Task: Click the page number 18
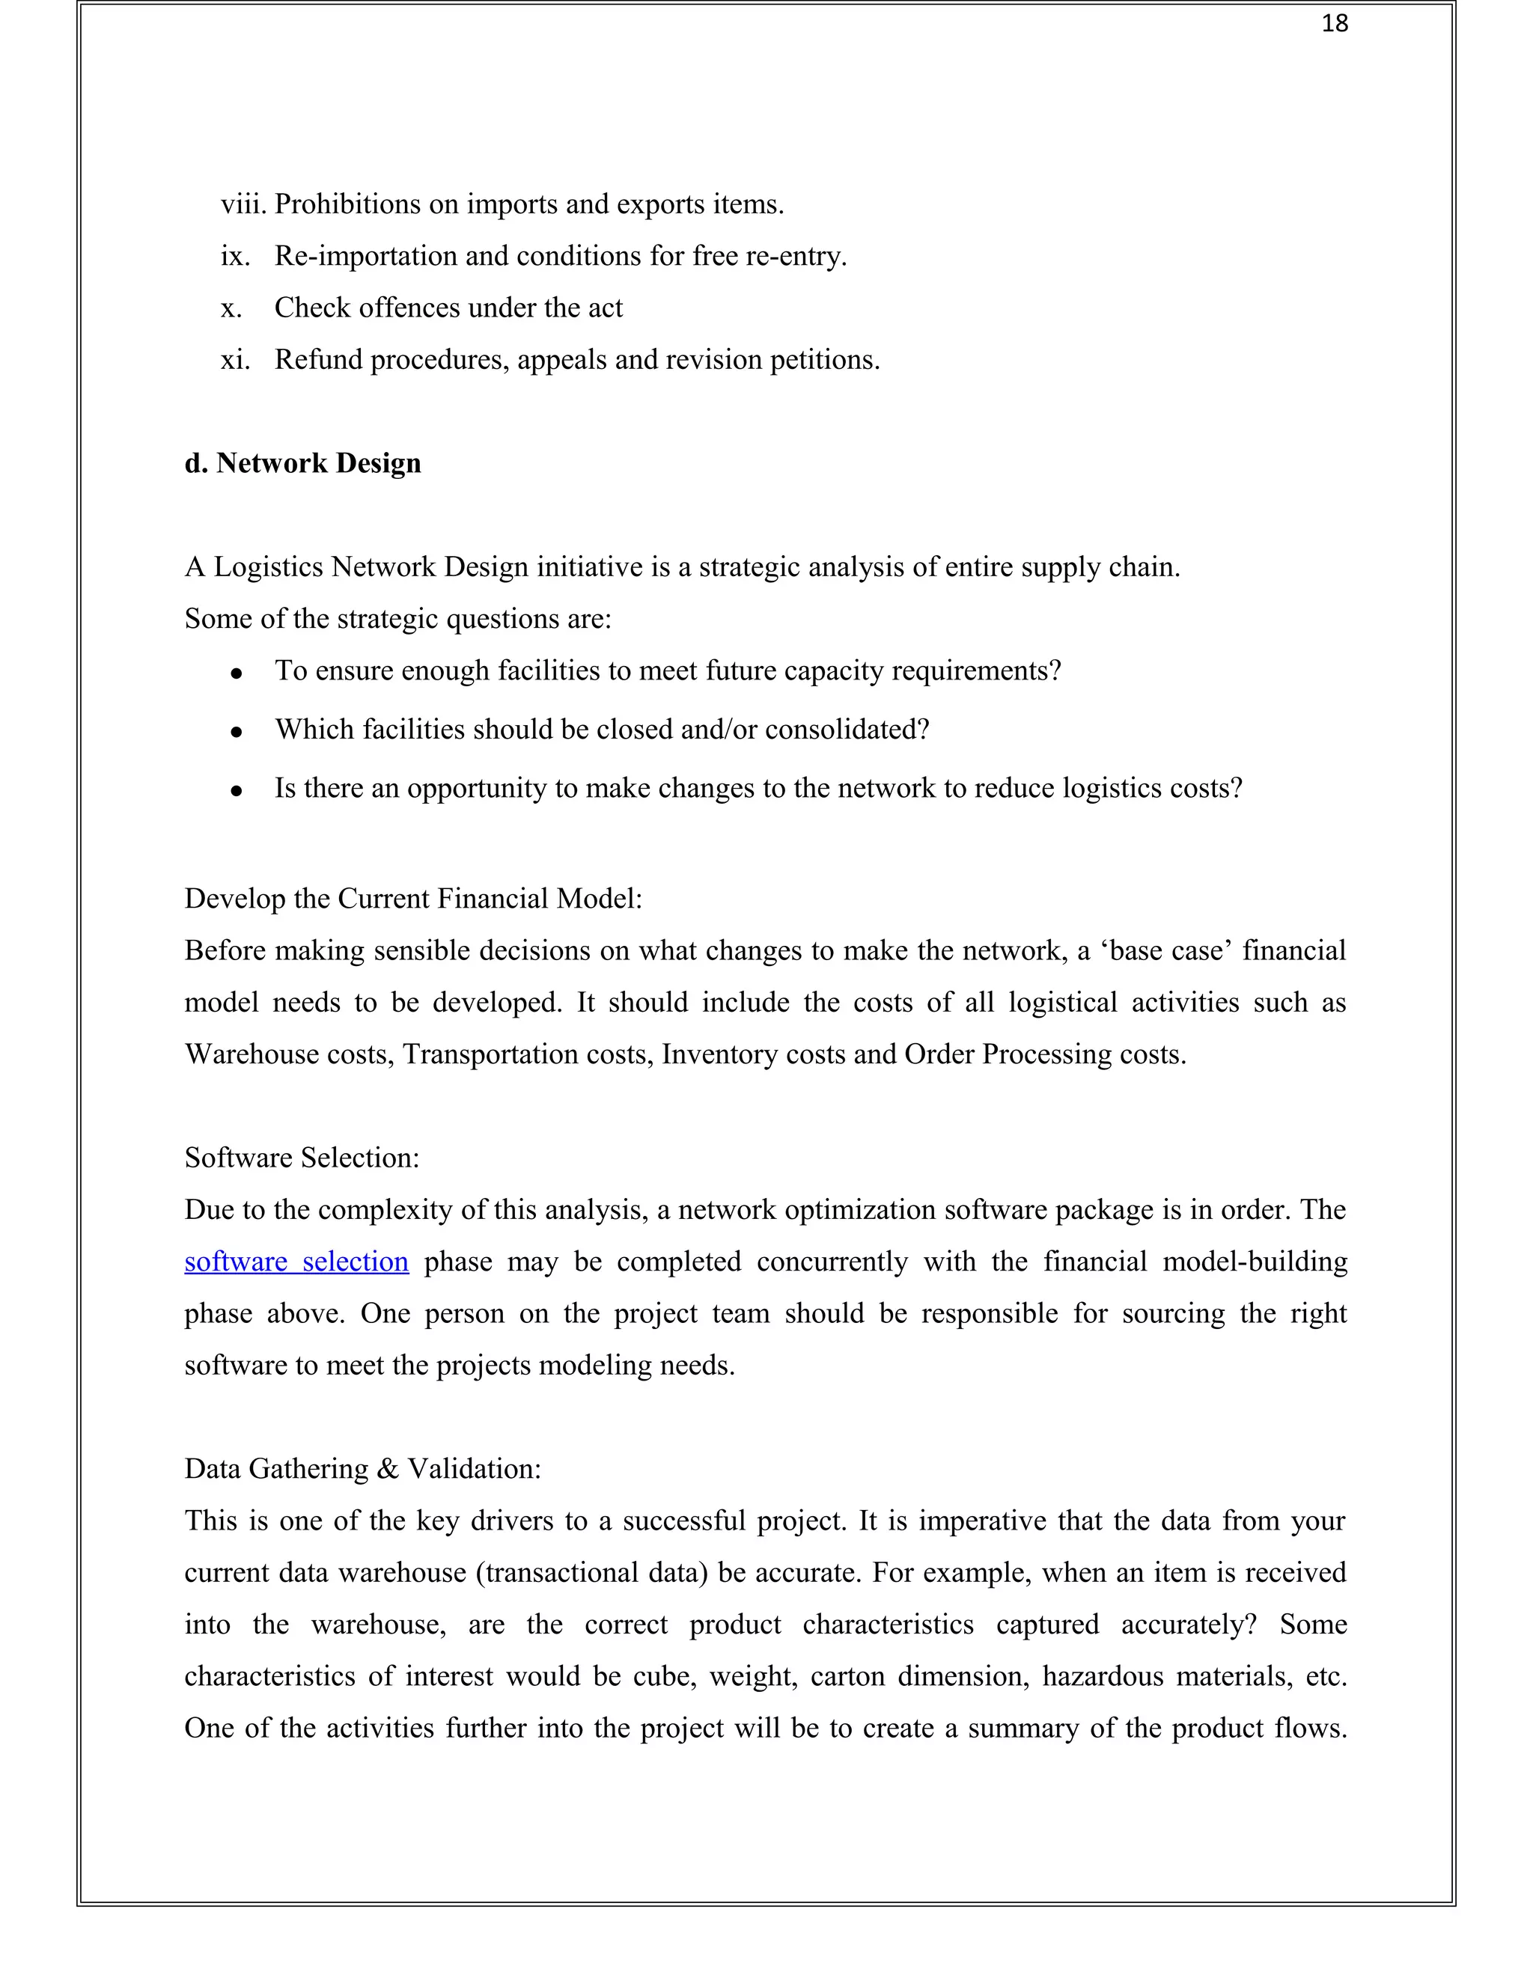pyautogui.click(x=1334, y=24)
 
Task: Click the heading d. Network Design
pyautogui.click(x=302, y=463)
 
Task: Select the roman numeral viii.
pyautogui.click(x=243, y=204)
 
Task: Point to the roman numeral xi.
pyautogui.click(x=234, y=361)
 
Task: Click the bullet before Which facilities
pyautogui.click(x=236, y=731)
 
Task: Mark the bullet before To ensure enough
pyautogui.click(x=236, y=673)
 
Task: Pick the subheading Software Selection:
pyautogui.click(x=302, y=1158)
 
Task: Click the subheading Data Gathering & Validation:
pyautogui.click(x=362, y=1469)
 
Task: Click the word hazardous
pyautogui.click(x=1102, y=1676)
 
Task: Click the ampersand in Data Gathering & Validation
pyautogui.click(x=388, y=1469)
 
